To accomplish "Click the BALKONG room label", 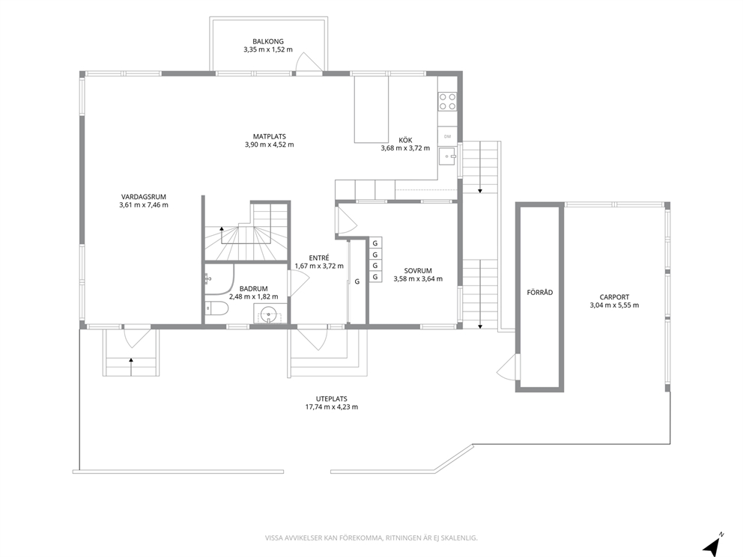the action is pos(267,41).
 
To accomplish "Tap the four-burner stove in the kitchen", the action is pos(447,101).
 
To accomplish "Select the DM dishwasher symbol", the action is pos(447,136).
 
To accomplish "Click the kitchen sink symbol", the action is pos(447,156).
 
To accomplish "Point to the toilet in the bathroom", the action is pos(217,308).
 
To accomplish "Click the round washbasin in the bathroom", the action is pos(269,314).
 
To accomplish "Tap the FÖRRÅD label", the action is pos(540,292).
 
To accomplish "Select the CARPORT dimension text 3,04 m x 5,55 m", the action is pos(614,305).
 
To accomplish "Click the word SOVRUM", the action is pos(418,271).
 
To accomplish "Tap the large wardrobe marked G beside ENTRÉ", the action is pos(357,281).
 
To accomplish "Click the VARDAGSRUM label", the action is pos(144,197).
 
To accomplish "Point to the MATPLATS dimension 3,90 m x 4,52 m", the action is pos(269,144).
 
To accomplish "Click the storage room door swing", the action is pos(507,367).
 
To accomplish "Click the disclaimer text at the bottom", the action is pos(371,538).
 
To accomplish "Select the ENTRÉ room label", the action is pos(319,258).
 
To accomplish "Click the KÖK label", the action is pos(405,140).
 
